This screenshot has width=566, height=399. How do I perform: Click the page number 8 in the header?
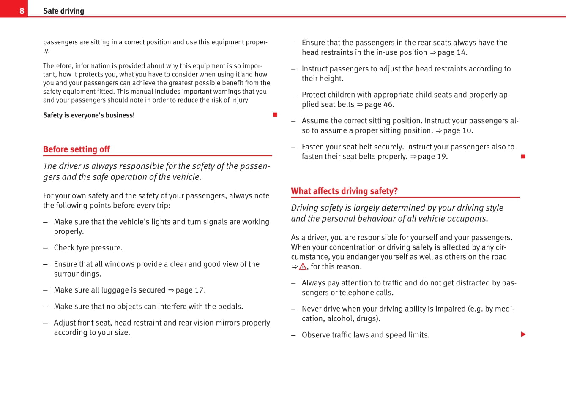pos(22,11)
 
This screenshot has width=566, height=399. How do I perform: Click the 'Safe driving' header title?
pos(63,11)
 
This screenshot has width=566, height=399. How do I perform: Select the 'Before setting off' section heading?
pos(77,149)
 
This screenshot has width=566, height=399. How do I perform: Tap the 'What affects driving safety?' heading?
pos(344,191)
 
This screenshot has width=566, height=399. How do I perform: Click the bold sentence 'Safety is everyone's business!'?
pos(89,115)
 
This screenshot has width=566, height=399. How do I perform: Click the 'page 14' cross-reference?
pos(452,52)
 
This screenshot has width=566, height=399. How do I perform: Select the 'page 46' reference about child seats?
pos(379,104)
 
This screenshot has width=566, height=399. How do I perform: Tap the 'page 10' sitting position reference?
pos(458,130)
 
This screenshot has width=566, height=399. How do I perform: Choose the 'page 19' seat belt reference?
pos(432,157)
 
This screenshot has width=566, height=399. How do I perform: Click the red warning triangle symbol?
pos(303,267)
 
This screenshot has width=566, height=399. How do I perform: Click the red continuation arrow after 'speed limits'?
pos(523,334)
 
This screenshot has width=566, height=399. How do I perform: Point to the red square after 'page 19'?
pos(523,157)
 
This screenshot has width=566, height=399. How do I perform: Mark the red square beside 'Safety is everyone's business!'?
pos(275,115)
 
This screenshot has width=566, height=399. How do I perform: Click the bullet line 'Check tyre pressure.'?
pos(88,248)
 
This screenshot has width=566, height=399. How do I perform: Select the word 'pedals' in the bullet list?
pos(230,307)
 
